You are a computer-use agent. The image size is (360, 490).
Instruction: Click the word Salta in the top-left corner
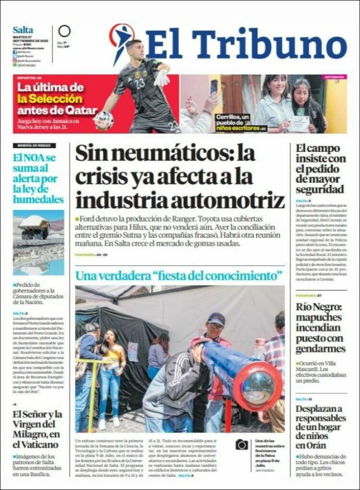(23, 30)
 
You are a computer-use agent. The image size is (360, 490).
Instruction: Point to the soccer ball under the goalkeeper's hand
(104, 120)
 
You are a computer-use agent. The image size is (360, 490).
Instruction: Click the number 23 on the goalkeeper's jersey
(140, 84)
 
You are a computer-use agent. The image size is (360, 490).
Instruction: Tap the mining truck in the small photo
(35, 228)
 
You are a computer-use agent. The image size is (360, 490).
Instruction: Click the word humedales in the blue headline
(38, 199)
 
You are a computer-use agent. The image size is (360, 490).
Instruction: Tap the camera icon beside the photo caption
(242, 444)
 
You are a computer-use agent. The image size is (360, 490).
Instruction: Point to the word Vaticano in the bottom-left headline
(36, 444)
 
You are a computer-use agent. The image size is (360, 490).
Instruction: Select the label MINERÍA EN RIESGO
(34, 146)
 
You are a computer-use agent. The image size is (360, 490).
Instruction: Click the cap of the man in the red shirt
(216, 318)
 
